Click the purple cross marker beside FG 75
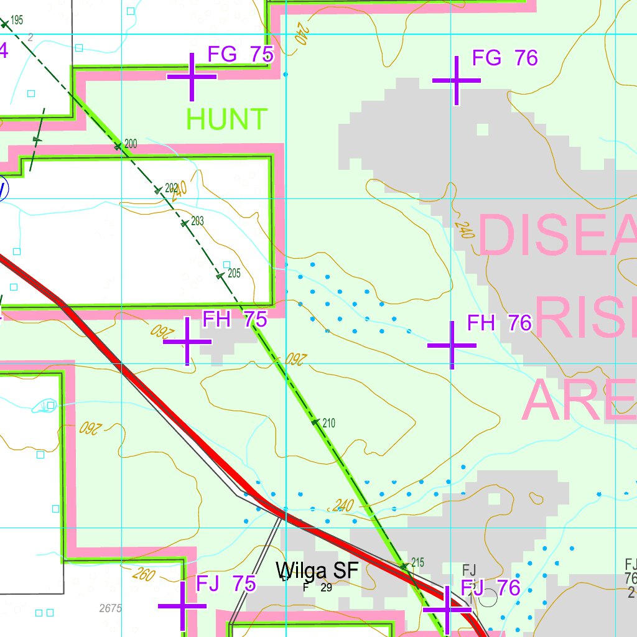[x=192, y=77]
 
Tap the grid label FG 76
[x=504, y=58]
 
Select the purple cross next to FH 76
[x=452, y=344]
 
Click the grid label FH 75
[x=235, y=319]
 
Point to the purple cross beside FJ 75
[x=182, y=606]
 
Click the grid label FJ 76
[x=490, y=587]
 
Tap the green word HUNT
[x=227, y=119]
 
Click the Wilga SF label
[x=317, y=570]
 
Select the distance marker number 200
[x=131, y=144]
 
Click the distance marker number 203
[x=198, y=221]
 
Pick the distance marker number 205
[x=234, y=272]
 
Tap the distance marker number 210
[x=329, y=424]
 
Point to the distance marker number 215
[x=417, y=562]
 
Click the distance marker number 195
[x=17, y=20]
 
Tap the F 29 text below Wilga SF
[x=318, y=587]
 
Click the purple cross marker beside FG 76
[x=457, y=81]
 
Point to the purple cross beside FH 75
[x=187, y=341]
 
